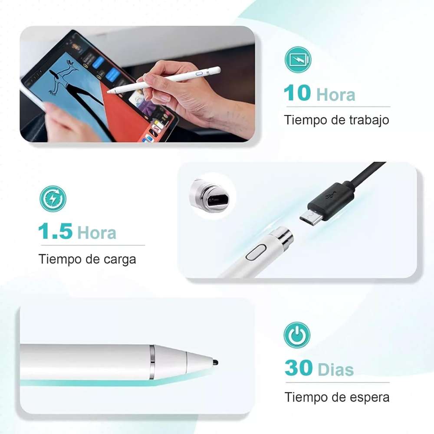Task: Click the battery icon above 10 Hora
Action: pyautogui.click(x=298, y=59)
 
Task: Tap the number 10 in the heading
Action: pyautogui.click(x=297, y=93)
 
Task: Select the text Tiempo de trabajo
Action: pyautogui.click(x=336, y=120)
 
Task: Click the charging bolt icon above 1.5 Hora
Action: pyautogui.click(x=53, y=199)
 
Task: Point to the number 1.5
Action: pyautogui.click(x=55, y=232)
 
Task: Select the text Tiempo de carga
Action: pyautogui.click(x=87, y=259)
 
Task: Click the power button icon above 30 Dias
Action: pyautogui.click(x=297, y=335)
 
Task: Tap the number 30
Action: pyautogui.click(x=299, y=368)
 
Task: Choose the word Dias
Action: pyautogui.click(x=335, y=370)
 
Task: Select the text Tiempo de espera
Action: pyautogui.click(x=337, y=397)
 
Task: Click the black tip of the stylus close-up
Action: pyautogui.click(x=215, y=361)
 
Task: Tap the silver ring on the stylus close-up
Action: pyautogui.click(x=152, y=362)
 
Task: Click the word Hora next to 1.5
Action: pyautogui.click(x=96, y=233)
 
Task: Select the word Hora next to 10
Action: pyautogui.click(x=335, y=95)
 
